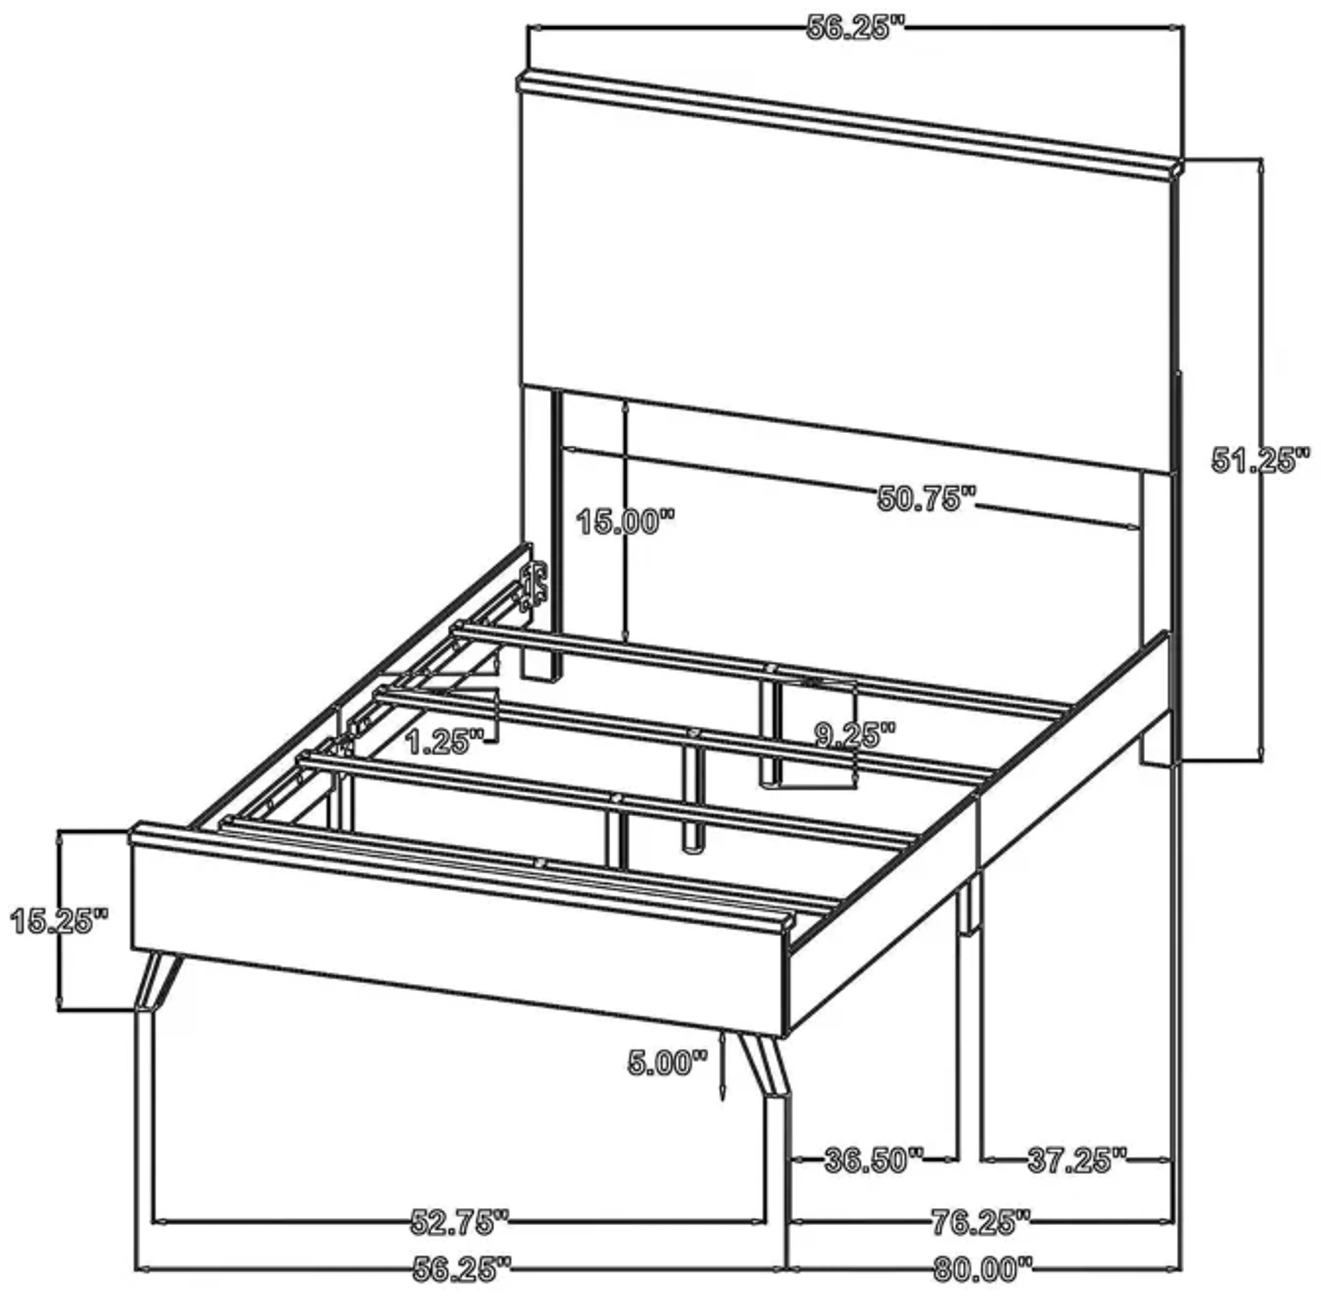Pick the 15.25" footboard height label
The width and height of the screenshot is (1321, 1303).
point(60,921)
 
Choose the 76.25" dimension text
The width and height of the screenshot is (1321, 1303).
point(980,1222)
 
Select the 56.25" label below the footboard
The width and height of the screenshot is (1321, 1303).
point(462,1270)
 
